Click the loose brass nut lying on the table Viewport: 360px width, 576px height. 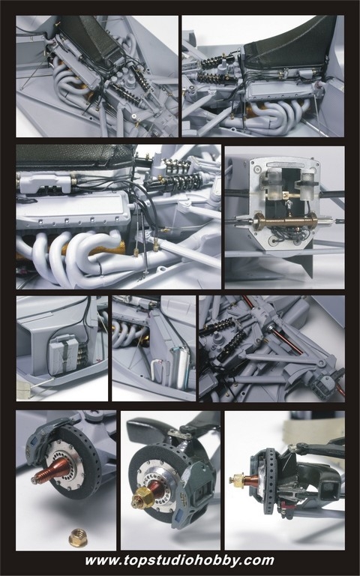(x=77, y=538)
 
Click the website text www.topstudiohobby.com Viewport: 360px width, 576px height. (x=180, y=560)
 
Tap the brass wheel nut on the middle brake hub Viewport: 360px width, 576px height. (x=143, y=498)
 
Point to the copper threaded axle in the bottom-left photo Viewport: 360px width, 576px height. (x=51, y=471)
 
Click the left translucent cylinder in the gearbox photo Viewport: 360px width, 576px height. (x=273, y=183)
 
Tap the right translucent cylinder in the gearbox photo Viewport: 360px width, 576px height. (x=307, y=184)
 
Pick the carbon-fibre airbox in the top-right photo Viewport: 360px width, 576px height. (x=290, y=43)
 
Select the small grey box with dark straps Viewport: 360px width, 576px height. (x=64, y=356)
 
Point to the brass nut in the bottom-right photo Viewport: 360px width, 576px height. (x=237, y=479)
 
